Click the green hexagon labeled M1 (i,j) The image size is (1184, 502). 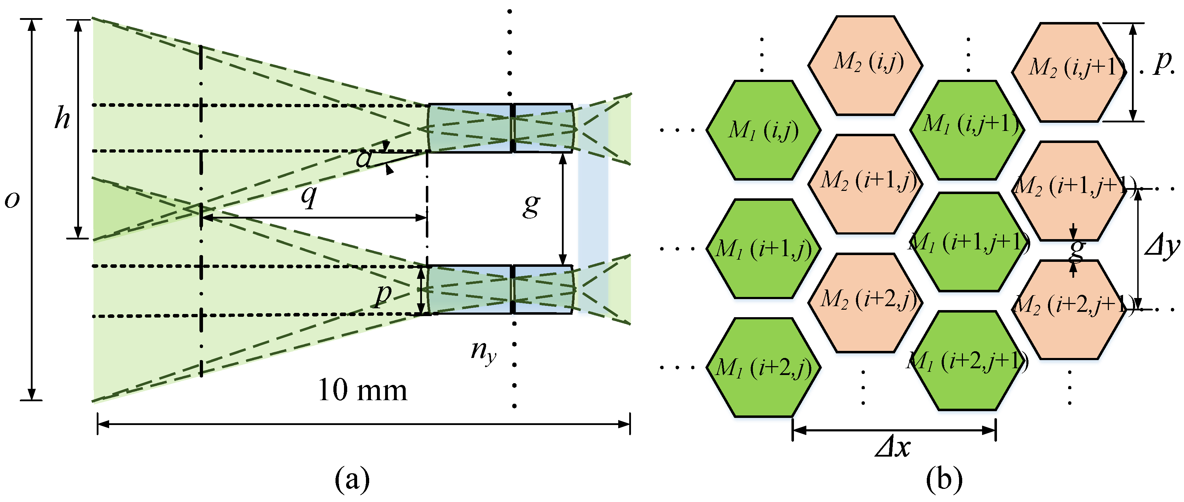pyautogui.click(x=763, y=131)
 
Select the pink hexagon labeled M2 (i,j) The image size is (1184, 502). pyautogui.click(x=865, y=65)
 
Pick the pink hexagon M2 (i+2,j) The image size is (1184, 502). pyautogui.click(x=865, y=302)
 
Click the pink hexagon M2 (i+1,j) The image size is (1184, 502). pyautogui.click(x=865, y=183)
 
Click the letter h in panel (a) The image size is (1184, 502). pyautogui.click(x=62, y=118)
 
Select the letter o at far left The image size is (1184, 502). pyautogui.click(x=12, y=200)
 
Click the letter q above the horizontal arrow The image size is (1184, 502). pyautogui.click(x=309, y=196)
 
